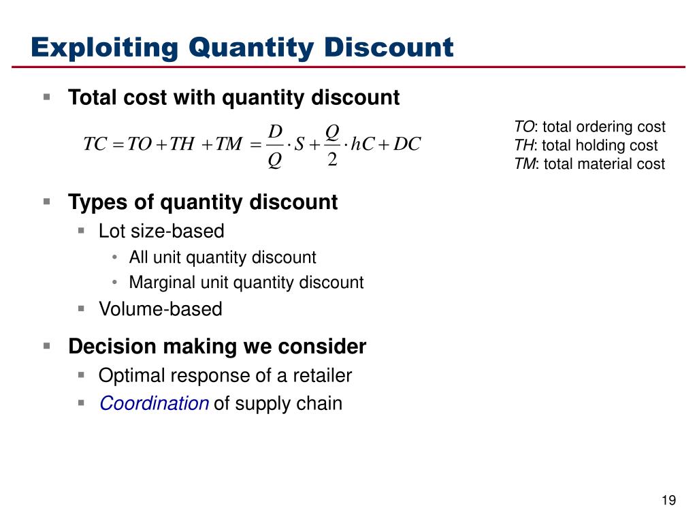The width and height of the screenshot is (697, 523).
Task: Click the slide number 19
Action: pos(668,501)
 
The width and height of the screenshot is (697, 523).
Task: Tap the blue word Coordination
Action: pos(154,404)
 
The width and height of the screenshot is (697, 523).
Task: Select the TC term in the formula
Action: pos(95,144)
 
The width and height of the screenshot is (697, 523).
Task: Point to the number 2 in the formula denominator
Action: pos(332,161)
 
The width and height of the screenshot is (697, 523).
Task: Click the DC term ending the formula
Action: pos(408,144)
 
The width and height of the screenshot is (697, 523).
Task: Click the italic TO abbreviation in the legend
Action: pos(524,127)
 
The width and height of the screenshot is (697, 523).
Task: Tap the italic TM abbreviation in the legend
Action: pos(524,163)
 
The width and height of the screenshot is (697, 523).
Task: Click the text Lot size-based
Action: pos(161,232)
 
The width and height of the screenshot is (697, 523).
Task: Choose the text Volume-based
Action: pos(161,309)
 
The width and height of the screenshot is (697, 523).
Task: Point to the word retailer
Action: pos(319,375)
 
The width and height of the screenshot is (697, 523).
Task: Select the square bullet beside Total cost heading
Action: pos(47,97)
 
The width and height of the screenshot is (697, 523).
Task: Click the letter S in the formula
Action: pos(298,144)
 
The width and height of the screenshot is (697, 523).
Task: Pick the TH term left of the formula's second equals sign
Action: pos(182,144)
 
